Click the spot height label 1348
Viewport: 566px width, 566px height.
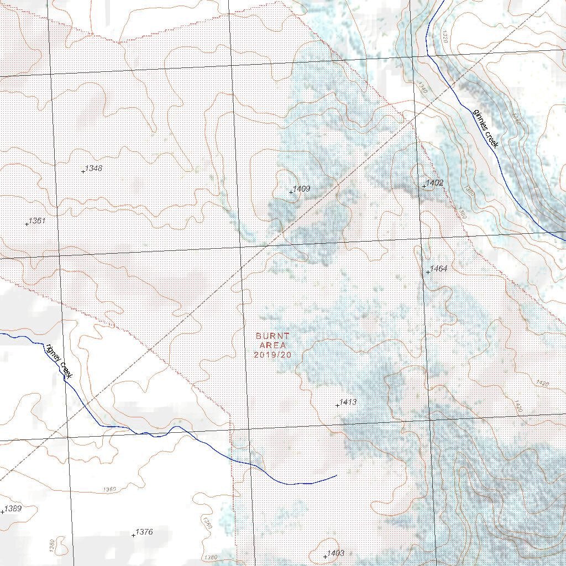coord(94,168)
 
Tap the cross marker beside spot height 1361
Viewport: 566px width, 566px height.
coord(27,224)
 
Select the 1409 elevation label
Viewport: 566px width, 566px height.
coord(301,189)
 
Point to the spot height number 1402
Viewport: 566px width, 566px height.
coord(434,182)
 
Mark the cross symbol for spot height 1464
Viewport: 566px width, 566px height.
coord(428,272)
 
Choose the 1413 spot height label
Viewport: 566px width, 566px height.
coord(348,402)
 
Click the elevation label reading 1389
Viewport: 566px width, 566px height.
coord(13,509)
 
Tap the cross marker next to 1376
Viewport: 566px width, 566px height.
coord(133,535)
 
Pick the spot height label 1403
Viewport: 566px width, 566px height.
coord(336,553)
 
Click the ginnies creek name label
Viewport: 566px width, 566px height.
coord(486,128)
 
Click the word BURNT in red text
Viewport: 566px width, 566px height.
coord(272,336)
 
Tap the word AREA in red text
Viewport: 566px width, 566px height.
coord(272,345)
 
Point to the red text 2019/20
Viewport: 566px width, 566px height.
coord(272,355)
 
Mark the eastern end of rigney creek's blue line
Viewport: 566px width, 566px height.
coord(336,475)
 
